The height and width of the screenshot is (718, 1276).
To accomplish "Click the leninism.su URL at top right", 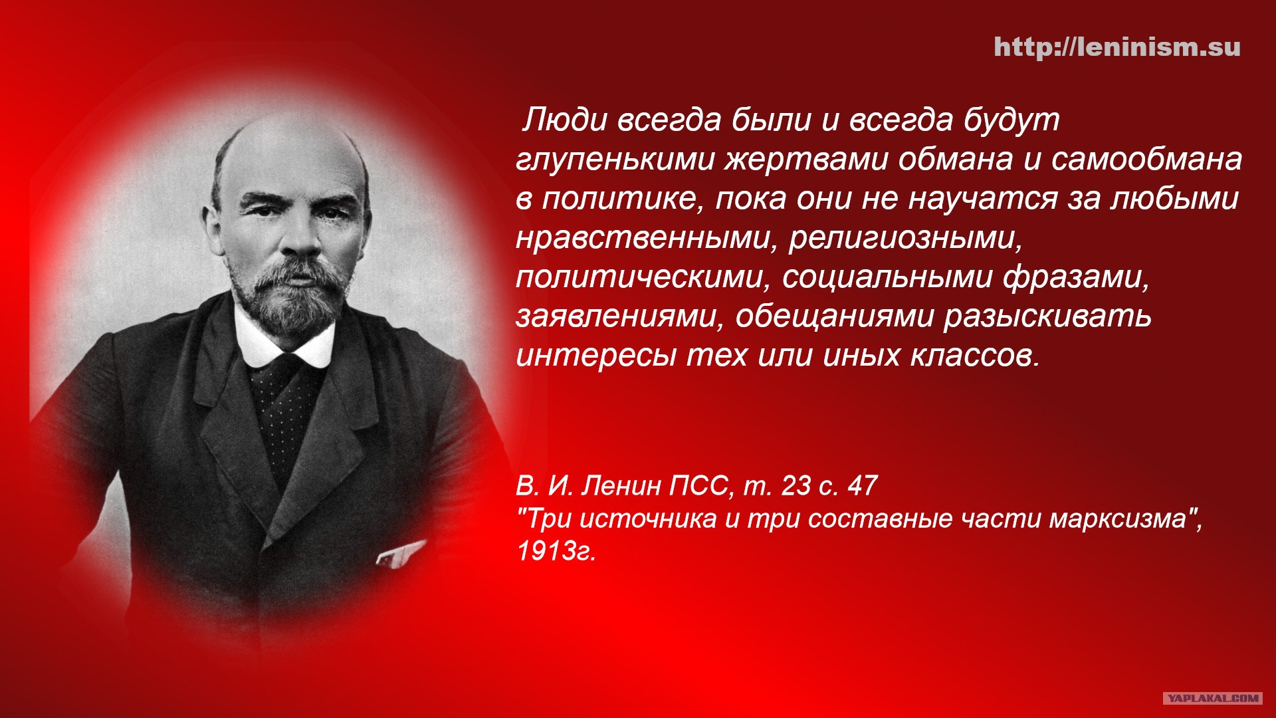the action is click(x=1117, y=47).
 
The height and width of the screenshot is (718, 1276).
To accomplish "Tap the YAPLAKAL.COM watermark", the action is click(x=1212, y=697).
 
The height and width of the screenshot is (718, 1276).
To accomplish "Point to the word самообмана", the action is click(x=1146, y=160).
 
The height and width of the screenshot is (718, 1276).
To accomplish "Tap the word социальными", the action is click(x=887, y=278).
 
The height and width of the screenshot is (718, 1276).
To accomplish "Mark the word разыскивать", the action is click(x=1047, y=317).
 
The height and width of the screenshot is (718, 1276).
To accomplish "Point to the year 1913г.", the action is click(x=556, y=551).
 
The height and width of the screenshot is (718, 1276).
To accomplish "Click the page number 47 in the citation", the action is click(x=863, y=486).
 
